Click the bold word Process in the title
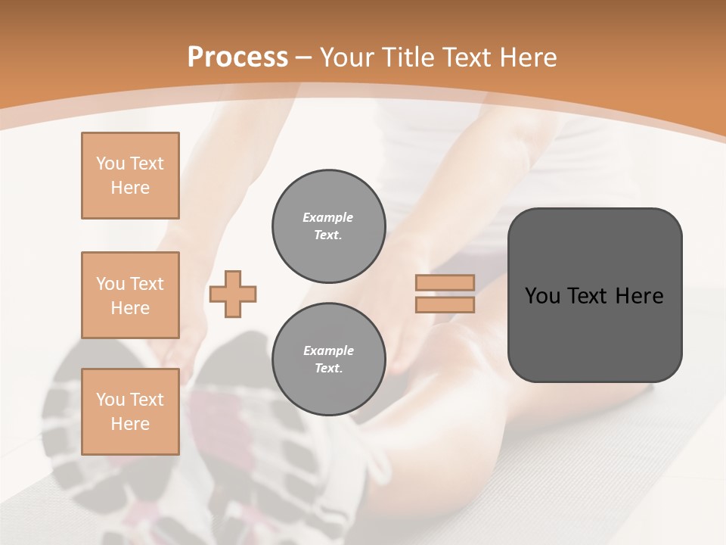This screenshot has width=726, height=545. (237, 58)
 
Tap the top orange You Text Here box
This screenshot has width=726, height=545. (130, 176)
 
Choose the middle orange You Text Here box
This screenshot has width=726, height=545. (130, 295)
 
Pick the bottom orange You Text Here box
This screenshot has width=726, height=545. (130, 411)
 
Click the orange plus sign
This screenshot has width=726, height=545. (233, 294)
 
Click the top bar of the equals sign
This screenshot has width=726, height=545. (445, 282)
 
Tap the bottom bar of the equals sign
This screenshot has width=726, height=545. (445, 304)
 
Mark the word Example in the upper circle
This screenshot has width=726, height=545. (328, 217)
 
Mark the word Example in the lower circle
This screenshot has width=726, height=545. (328, 350)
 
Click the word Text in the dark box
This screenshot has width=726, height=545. (588, 296)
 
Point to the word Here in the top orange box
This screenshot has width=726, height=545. (130, 188)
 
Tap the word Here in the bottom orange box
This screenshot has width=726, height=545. (130, 424)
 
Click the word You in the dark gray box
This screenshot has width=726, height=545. (542, 296)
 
